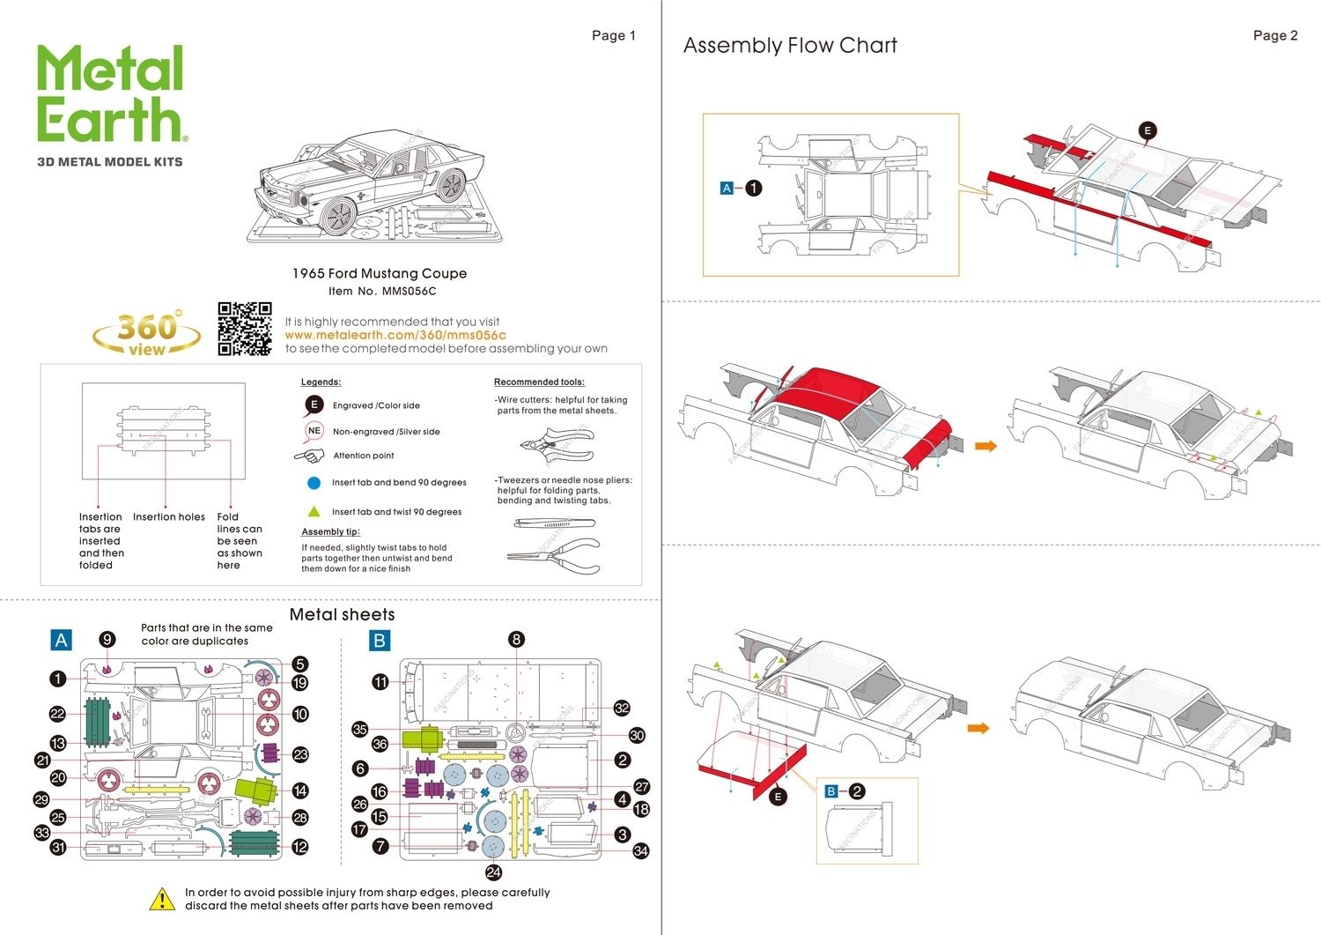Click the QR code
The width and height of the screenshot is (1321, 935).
[x=245, y=329]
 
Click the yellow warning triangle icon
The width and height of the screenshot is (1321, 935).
[x=162, y=899]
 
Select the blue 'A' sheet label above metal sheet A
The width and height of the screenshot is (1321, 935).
[x=61, y=640]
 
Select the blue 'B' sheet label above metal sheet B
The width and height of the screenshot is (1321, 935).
[x=380, y=640]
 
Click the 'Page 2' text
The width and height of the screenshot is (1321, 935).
[x=1275, y=35]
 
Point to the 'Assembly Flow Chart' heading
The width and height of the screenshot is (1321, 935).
[x=790, y=46]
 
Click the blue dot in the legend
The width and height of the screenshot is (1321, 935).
[x=314, y=483]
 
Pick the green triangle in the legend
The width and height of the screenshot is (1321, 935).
[x=314, y=511]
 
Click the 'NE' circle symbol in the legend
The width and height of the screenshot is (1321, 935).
[x=314, y=431]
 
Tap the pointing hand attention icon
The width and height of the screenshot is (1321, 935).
[x=309, y=456]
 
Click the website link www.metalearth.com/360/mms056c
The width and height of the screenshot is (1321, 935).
[x=395, y=335]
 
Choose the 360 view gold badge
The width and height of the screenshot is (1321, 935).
[x=146, y=332]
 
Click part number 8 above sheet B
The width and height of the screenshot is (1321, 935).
[x=516, y=640]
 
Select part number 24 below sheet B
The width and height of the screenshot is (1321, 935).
[x=493, y=872]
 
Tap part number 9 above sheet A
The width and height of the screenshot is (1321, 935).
[x=107, y=640]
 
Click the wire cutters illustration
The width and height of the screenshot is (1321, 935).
[x=557, y=443]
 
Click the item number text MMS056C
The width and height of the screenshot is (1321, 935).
[x=410, y=291]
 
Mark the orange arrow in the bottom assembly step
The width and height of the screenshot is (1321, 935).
[x=978, y=728]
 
